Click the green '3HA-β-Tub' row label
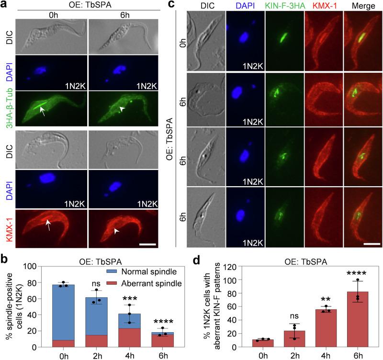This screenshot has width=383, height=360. tap(8, 110)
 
